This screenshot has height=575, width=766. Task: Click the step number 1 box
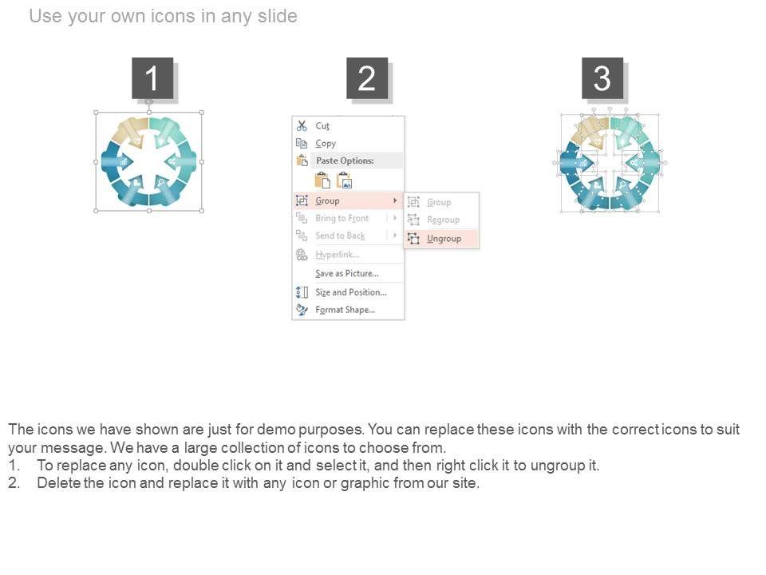click(x=152, y=78)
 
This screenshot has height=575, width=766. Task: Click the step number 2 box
click(x=367, y=78)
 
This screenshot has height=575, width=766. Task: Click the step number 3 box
click(x=602, y=78)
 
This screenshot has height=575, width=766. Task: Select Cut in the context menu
click(x=322, y=126)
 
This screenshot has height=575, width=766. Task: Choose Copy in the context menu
click(x=326, y=143)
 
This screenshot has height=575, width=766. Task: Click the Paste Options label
click(x=345, y=161)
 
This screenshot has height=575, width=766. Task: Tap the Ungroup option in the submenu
click(x=444, y=239)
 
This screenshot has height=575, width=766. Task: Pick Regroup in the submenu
click(x=443, y=220)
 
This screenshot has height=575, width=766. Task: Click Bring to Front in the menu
click(x=342, y=218)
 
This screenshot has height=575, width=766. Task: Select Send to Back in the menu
click(x=340, y=236)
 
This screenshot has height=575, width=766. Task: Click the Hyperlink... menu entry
click(x=337, y=255)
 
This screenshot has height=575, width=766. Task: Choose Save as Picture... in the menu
click(x=347, y=273)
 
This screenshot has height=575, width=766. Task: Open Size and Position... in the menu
click(x=351, y=292)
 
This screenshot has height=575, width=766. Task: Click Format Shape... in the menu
click(x=345, y=310)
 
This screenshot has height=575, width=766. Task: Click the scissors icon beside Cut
click(x=302, y=125)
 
